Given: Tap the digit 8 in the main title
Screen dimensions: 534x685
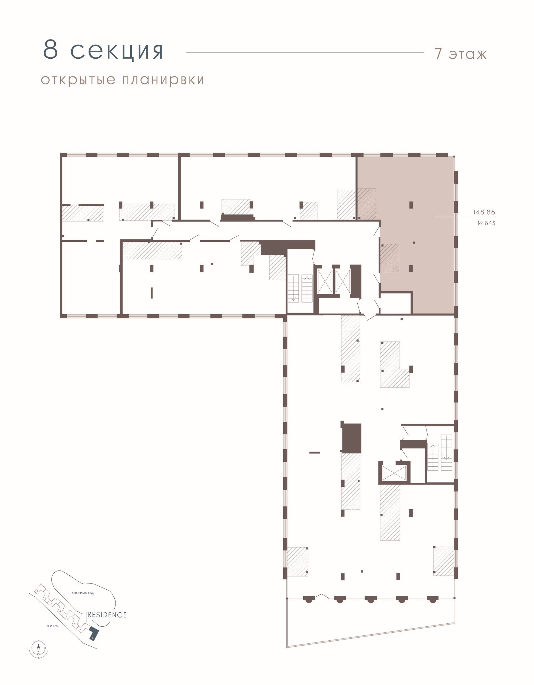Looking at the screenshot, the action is click(50, 50).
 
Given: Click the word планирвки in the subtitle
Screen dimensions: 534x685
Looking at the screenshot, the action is click(163, 80).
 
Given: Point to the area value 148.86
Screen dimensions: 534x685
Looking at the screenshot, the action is click(484, 212).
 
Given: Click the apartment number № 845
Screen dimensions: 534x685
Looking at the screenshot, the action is click(486, 223).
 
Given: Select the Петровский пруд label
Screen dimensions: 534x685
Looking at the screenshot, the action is click(83, 593).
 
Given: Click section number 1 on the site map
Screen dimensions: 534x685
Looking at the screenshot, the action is click(37, 591).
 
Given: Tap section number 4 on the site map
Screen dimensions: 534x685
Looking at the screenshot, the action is click(60, 611).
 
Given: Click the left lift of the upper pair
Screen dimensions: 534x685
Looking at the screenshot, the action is click(325, 281).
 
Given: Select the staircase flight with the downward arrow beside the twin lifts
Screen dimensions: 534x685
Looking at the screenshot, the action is click(293, 288).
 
